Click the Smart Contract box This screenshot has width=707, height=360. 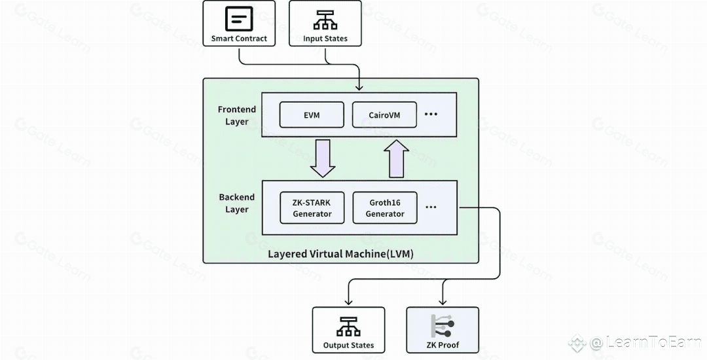(239, 23)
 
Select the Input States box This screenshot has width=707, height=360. (325, 23)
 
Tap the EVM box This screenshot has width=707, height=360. (312, 115)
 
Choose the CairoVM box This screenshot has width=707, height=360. (384, 115)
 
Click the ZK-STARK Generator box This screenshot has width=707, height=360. (312, 207)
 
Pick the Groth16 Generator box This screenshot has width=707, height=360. (385, 207)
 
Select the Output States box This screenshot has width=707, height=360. (348, 330)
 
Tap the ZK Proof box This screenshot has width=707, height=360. (443, 330)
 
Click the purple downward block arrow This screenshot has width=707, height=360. (323, 158)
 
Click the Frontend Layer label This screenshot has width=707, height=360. (237, 115)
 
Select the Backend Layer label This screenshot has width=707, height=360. (237, 203)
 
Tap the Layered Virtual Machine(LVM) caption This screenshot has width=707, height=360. (341, 254)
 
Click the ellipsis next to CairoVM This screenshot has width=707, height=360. (431, 114)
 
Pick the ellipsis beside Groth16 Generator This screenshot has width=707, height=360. (431, 207)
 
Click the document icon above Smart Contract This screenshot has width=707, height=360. (239, 18)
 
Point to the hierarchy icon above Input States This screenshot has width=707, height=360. (325, 20)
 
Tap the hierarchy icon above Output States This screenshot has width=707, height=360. (348, 327)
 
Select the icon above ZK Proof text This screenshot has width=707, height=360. (443, 326)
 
